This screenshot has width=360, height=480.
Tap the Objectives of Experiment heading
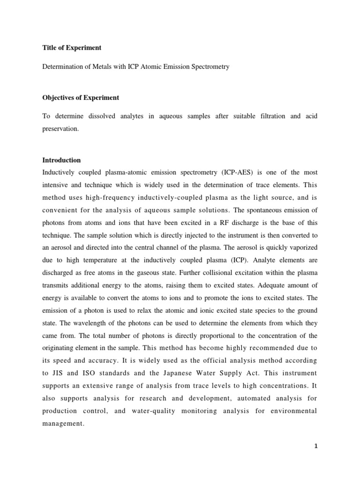click(x=81, y=98)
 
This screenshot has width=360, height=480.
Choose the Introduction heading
click(x=61, y=160)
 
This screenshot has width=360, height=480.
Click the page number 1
click(x=316, y=446)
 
